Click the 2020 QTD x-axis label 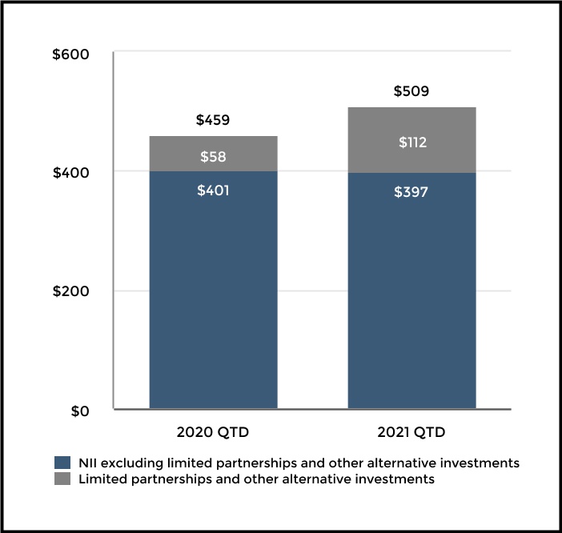click(213, 433)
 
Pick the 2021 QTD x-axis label click(411, 433)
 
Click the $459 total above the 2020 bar click(213, 121)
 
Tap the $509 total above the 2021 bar click(411, 91)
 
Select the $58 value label click(213, 157)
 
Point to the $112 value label click(411, 143)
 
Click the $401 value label click(213, 192)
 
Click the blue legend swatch click(62, 463)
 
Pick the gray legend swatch click(62, 479)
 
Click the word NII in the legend click(87, 463)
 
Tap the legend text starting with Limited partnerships click(256, 479)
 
